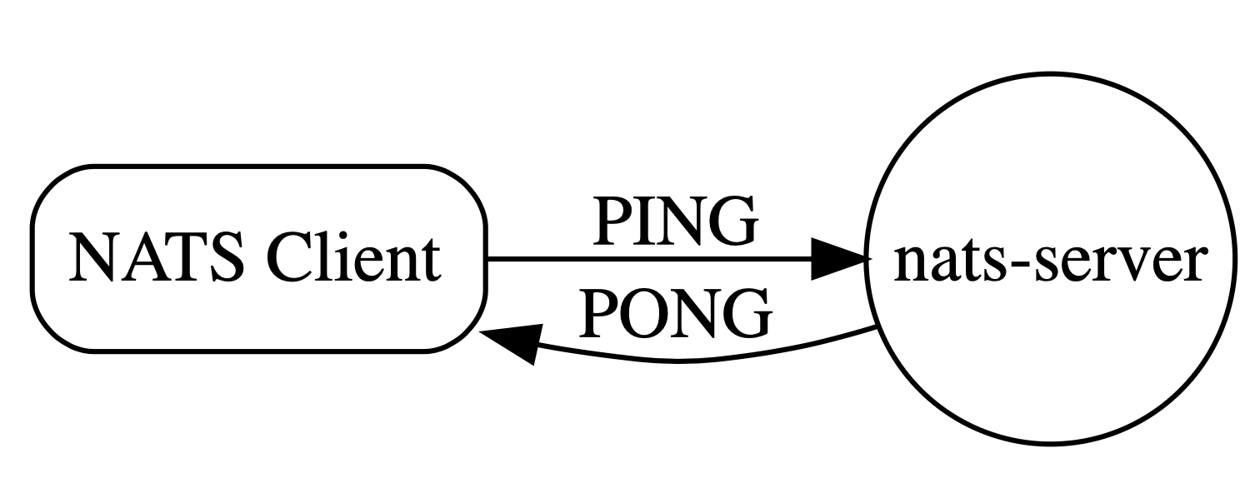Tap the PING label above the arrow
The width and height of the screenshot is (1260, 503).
tap(674, 222)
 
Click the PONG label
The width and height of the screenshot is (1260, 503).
tap(674, 314)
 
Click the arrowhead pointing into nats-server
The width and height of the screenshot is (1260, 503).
tap(837, 260)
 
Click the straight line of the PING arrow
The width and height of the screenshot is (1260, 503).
tap(650, 260)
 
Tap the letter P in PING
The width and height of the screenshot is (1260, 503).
tap(607, 222)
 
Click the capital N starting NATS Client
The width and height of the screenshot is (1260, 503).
tap(90, 259)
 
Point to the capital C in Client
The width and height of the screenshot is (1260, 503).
tap(287, 259)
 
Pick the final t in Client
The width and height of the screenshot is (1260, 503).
tap(430, 261)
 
